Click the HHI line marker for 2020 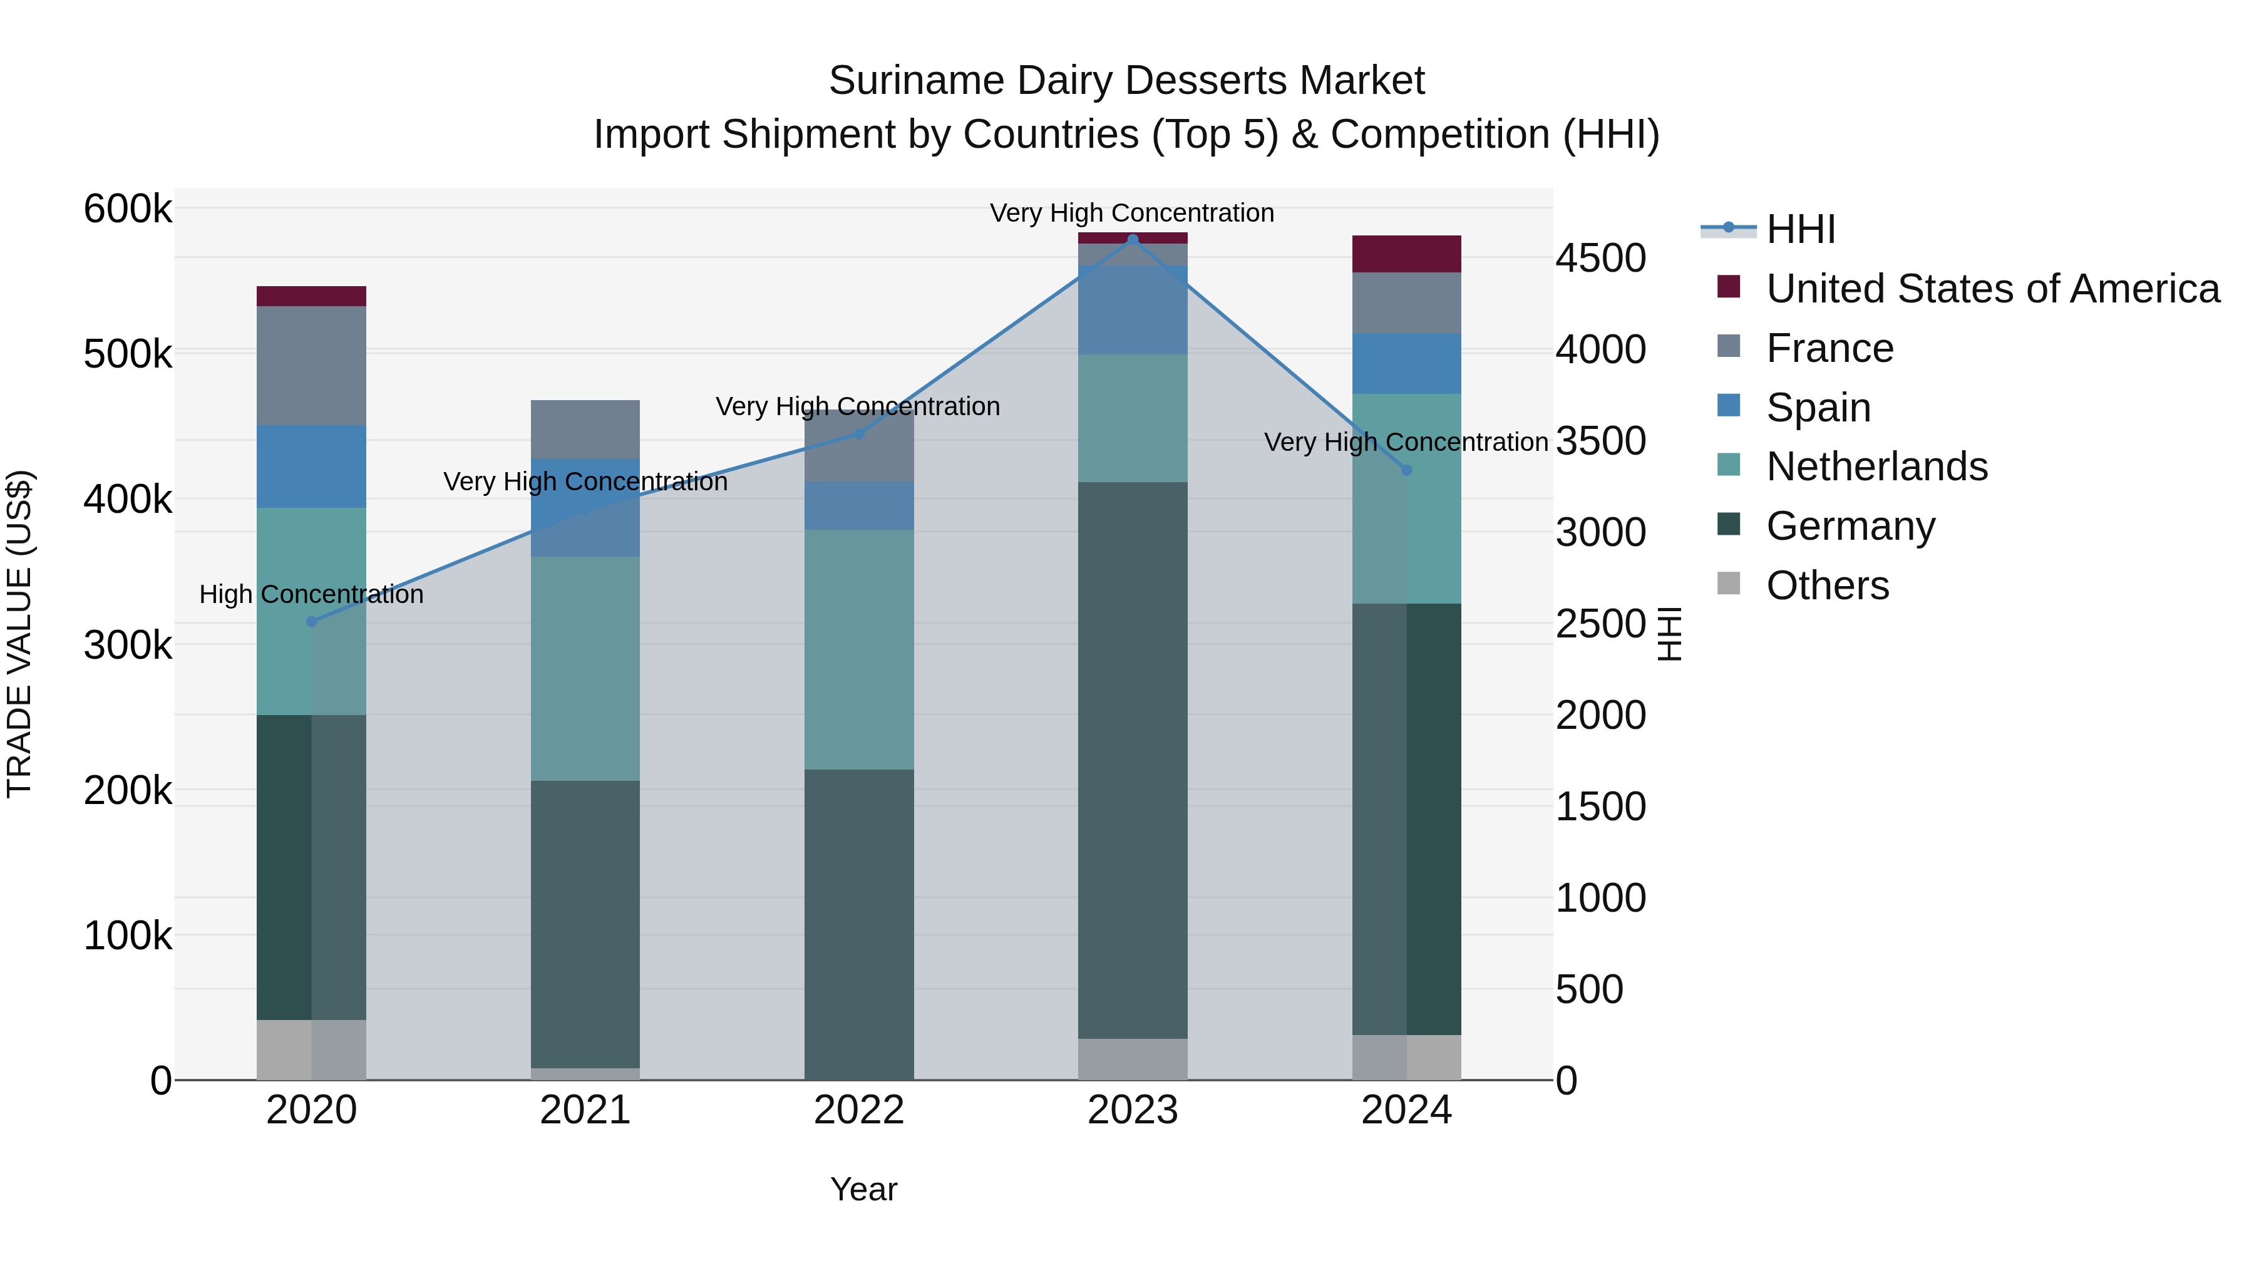(312, 622)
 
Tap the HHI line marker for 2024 (1406, 470)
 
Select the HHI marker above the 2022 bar (858, 434)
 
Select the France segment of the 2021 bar (585, 430)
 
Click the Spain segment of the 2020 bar (312, 466)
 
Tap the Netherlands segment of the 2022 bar (858, 649)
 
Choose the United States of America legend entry (1992, 289)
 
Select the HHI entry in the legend (1800, 229)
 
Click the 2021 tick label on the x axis (585, 1110)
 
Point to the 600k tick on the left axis (128, 209)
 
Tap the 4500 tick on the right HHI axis (1600, 259)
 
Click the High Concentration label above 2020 (312, 594)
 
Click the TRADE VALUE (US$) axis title (19, 634)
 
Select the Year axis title (863, 1189)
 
